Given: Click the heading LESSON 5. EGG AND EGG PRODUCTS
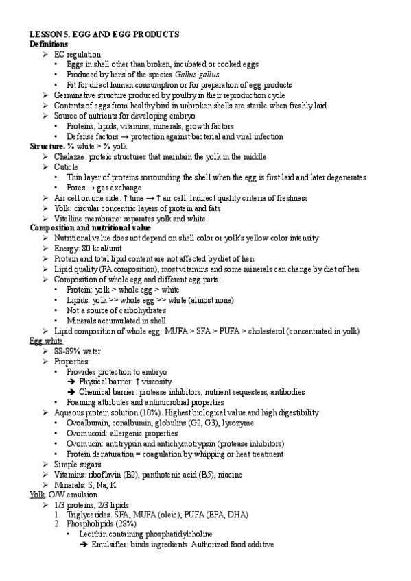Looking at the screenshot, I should (x=104, y=34).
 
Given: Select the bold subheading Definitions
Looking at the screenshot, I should (x=49, y=44).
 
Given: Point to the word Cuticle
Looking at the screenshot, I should (x=66, y=167).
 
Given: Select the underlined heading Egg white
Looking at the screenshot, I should (x=47, y=341).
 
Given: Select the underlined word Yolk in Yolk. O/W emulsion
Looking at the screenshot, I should (x=37, y=495).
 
